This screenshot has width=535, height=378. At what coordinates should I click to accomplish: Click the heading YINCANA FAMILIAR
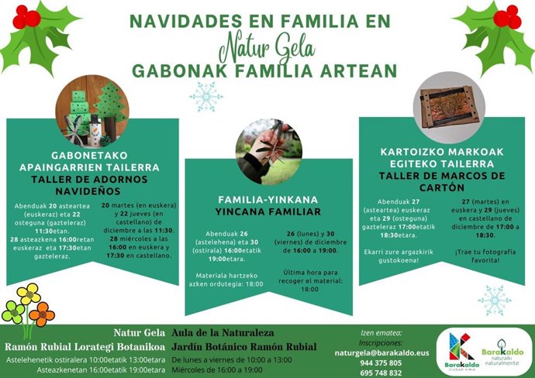268,211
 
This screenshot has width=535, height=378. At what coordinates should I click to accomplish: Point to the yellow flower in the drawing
29,294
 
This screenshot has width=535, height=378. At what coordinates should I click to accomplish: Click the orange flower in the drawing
42,314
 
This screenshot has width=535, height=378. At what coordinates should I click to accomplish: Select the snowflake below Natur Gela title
205,97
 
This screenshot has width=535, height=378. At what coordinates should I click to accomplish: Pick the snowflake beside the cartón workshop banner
494,300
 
